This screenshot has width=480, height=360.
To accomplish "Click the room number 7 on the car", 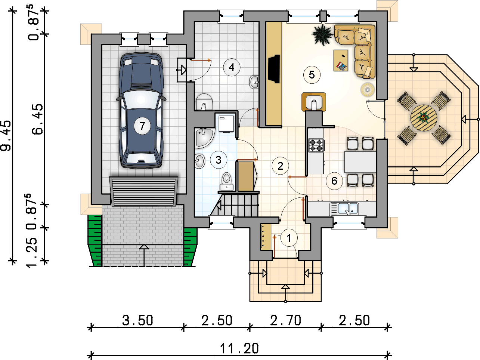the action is point(142,126).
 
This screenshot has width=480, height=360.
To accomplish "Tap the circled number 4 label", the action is point(232,67).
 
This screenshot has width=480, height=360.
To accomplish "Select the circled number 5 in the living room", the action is point(312,75).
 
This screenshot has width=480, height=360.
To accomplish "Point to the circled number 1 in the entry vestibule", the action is point(289,238).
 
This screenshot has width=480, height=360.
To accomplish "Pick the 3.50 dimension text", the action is point(137,321).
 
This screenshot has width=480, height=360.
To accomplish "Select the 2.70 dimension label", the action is point(286,321).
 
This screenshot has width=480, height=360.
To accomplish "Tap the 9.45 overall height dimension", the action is point(6,136).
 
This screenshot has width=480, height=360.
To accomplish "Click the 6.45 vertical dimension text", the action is point(38,119).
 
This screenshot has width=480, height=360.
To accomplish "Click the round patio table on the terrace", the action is point(424,118).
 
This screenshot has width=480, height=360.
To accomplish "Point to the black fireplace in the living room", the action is point(274,69).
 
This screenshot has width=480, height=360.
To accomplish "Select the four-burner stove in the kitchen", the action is point(317,145).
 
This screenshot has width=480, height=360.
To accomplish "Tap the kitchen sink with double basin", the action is point(344,209).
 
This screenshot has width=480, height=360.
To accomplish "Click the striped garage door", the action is point(144,191).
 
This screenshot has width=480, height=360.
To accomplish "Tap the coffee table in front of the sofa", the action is point(341,60).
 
